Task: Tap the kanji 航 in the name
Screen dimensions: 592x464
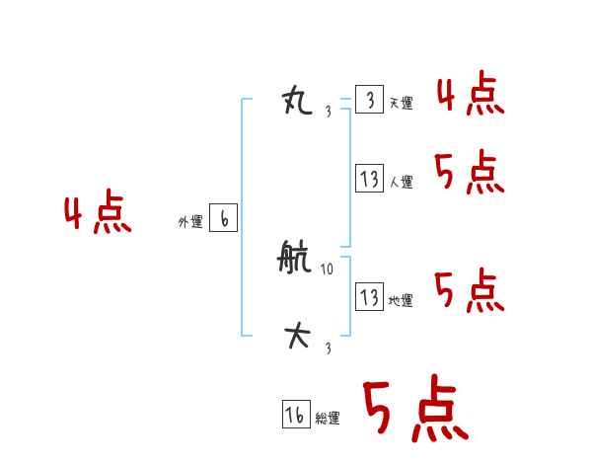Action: [297, 261]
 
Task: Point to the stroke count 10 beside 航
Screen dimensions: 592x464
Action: [328, 269]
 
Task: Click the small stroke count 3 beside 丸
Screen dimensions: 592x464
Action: [328, 111]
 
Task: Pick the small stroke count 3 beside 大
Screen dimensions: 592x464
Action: [328, 348]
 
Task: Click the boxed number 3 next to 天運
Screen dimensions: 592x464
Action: [369, 101]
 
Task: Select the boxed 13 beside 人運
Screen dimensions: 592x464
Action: [369, 180]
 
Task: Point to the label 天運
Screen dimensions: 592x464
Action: [401, 104]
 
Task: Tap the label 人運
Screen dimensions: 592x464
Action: [401, 183]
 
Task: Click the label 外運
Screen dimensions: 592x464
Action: [190, 223]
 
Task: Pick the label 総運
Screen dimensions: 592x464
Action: [328, 419]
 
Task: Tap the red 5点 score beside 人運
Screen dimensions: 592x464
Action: [470, 174]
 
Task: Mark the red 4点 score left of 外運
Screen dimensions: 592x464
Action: [98, 214]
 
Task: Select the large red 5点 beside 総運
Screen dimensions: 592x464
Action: [414, 410]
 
